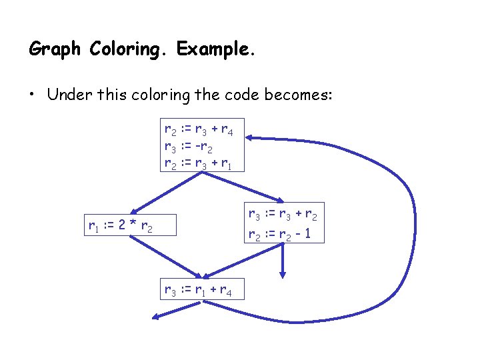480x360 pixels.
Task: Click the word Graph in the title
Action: (56, 49)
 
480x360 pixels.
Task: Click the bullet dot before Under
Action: (32, 95)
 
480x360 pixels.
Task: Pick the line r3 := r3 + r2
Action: (283, 215)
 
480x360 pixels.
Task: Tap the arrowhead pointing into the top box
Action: (250, 138)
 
